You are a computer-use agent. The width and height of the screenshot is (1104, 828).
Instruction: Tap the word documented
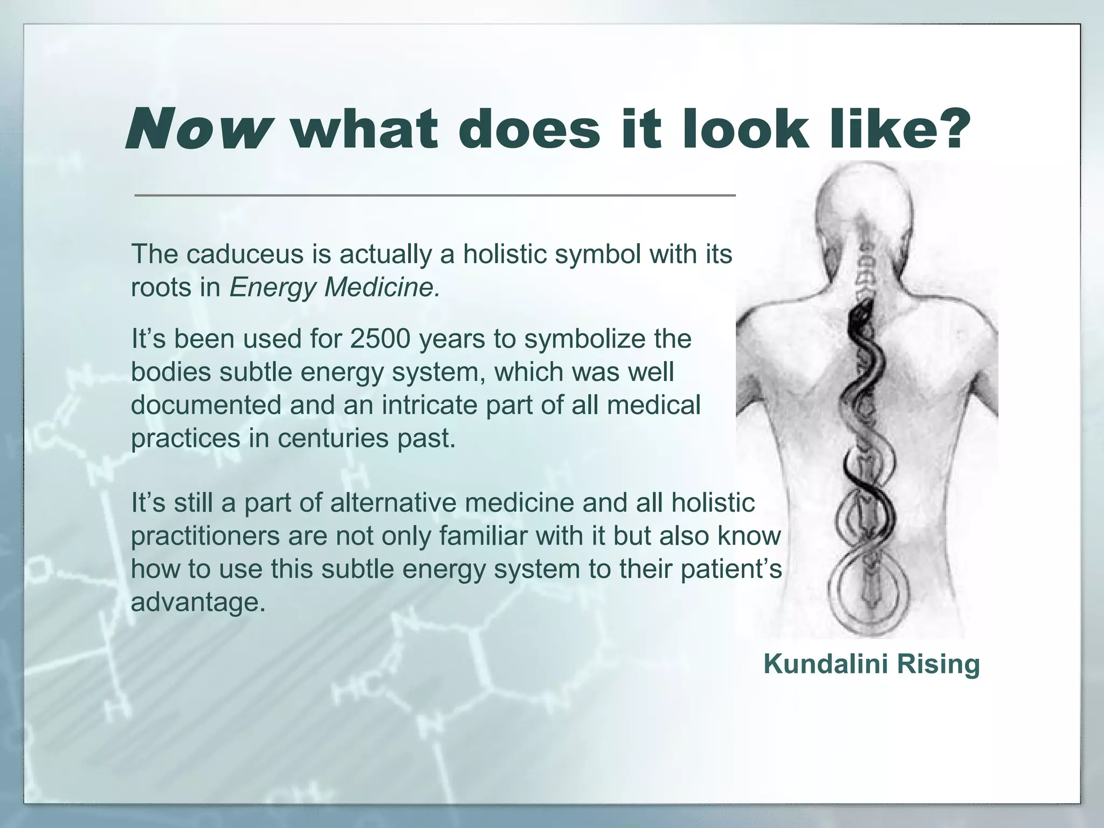pos(206,405)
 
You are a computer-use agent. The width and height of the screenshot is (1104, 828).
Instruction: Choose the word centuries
pos(334,438)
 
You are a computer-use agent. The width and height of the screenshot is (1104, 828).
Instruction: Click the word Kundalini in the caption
pos(825,664)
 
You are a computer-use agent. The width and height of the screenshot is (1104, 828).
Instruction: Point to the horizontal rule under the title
pos(434,195)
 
